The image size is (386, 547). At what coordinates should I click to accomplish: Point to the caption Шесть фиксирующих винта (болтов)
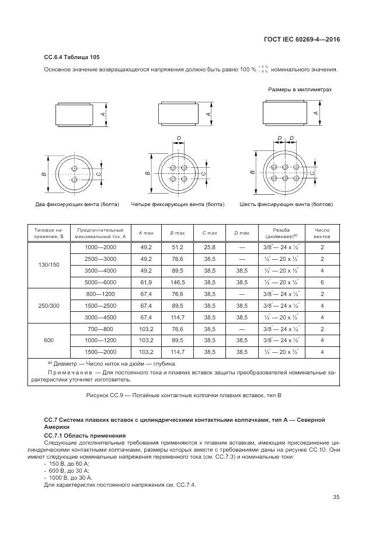click(x=286, y=205)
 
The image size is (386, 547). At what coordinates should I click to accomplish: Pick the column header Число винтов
click(x=322, y=234)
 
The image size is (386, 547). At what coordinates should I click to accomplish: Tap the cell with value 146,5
click(x=178, y=282)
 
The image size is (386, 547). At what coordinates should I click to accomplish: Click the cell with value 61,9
click(x=146, y=282)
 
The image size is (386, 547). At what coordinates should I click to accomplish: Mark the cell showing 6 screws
click(x=322, y=282)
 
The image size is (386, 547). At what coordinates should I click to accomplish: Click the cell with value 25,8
click(x=209, y=247)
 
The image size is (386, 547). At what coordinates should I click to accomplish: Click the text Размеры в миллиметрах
click(x=300, y=90)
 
